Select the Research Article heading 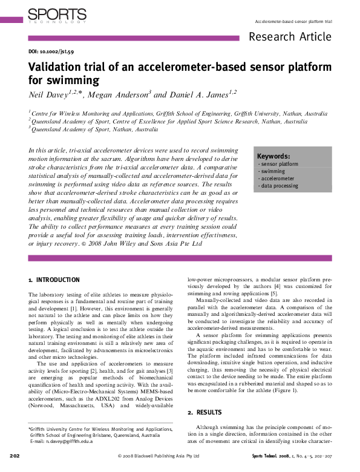click(290, 37)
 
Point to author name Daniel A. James click(193, 94)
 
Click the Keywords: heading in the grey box click(273, 156)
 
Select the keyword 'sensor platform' click(278, 164)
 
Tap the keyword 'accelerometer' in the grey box click(277, 179)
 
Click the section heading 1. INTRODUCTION click(54, 280)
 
